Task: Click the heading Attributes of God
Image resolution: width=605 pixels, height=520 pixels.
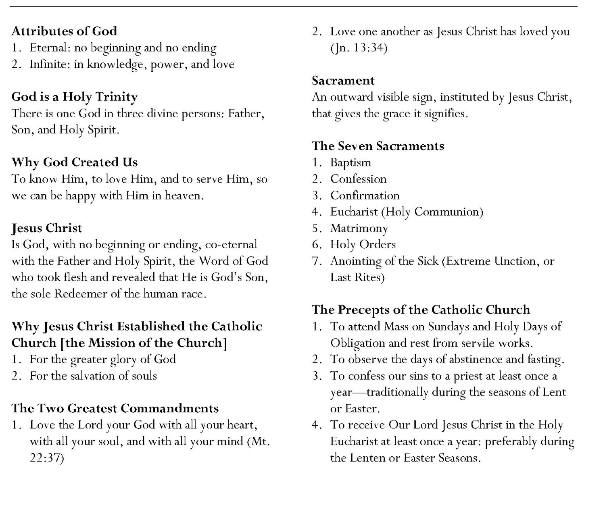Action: (x=64, y=31)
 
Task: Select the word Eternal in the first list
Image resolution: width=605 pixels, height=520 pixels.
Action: (x=44, y=48)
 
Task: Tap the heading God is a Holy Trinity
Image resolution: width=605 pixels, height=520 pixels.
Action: (x=74, y=97)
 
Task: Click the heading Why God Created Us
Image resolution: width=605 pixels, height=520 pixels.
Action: (x=75, y=162)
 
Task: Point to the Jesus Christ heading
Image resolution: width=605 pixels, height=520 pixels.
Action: (x=47, y=228)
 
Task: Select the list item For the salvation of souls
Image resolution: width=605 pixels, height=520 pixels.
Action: (x=93, y=376)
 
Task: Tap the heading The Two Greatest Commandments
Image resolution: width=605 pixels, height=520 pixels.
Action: (x=115, y=408)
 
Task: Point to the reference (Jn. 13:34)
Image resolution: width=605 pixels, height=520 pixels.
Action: (x=359, y=48)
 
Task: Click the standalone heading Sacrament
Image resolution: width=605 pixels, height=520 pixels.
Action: (x=343, y=81)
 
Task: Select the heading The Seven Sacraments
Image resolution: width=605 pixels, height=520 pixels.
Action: (x=378, y=146)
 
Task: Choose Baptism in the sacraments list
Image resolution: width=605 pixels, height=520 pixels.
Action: (x=350, y=162)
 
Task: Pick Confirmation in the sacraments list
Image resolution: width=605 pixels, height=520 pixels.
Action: (x=365, y=196)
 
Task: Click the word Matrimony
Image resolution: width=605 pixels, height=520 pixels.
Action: (x=359, y=229)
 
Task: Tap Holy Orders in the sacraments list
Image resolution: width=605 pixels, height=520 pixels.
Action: (x=363, y=245)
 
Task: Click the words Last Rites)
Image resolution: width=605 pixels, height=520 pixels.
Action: (x=357, y=278)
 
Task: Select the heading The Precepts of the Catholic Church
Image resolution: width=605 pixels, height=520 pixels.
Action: (x=421, y=310)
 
